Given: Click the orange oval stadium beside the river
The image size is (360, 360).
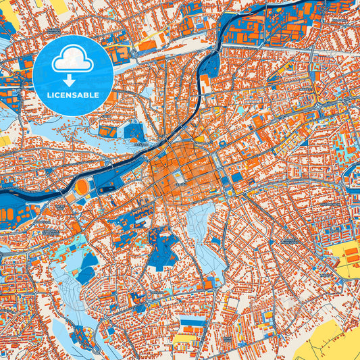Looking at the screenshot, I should click(81, 186).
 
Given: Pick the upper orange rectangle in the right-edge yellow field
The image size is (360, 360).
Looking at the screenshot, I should click(351, 252).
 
